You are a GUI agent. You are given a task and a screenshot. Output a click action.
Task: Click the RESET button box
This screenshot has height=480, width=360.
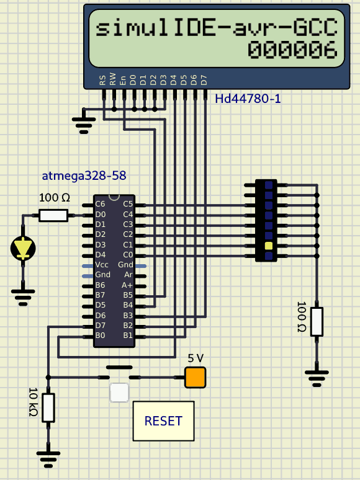point(164,421)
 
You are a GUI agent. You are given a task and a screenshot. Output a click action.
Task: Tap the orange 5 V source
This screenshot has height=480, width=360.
point(195,378)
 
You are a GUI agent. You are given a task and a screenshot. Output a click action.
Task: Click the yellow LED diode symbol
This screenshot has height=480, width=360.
point(23,248)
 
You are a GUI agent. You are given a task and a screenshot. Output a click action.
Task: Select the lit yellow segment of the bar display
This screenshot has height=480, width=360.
point(269,246)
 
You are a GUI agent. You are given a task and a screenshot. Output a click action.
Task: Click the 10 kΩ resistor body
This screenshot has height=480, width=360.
point(48,408)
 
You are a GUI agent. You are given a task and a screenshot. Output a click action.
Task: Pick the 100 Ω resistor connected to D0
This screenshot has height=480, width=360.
point(53,216)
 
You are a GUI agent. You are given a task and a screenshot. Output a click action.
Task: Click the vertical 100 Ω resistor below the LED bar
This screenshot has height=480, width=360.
point(317,322)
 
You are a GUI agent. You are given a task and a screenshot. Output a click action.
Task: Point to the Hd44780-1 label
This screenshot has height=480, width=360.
point(248,99)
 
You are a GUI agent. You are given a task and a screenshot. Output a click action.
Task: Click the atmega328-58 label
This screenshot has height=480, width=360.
point(84,176)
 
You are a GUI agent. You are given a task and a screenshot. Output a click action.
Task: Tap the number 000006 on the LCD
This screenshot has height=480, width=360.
point(292,50)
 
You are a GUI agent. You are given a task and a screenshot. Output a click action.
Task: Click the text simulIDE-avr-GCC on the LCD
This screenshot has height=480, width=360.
point(217,27)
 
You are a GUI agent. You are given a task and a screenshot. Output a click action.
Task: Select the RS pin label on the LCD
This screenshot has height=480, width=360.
point(102,80)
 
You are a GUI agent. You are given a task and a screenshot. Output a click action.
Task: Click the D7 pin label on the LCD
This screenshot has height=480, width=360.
point(204,80)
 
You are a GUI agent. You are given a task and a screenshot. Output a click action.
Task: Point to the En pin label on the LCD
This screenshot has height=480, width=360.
point(122,80)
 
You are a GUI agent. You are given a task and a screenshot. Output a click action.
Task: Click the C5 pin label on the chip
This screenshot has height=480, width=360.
point(128,204)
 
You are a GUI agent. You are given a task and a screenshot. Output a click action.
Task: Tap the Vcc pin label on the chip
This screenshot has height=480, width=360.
point(102,264)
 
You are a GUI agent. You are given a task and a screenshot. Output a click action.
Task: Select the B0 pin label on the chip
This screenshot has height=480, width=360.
point(100,336)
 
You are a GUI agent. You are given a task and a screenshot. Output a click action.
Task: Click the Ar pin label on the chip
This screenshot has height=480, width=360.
point(128,275)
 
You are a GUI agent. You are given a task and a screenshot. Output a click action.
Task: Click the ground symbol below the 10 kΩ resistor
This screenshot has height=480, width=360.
point(48,459)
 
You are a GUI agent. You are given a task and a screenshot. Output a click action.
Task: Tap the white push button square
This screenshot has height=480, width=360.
point(119,393)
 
